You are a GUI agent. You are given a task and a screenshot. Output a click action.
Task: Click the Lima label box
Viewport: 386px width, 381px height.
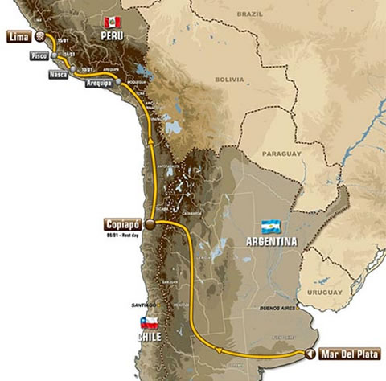19,35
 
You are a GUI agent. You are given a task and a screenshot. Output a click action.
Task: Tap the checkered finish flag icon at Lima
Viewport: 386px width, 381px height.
39,36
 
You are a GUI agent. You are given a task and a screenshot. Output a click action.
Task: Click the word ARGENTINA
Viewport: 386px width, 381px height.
269,241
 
